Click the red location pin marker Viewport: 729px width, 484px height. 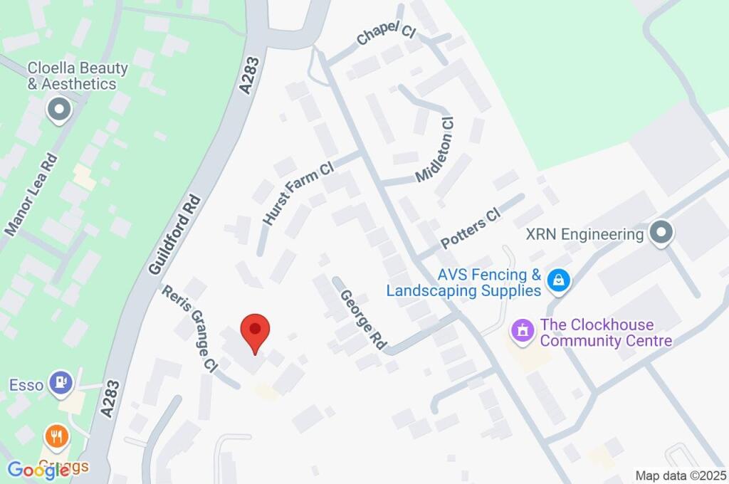tap(255, 332)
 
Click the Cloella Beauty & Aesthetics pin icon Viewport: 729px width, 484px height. tap(59, 110)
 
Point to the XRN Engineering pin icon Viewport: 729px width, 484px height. tap(662, 233)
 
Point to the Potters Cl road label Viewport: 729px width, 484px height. tap(471, 230)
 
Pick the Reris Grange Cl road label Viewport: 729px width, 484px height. tap(189, 327)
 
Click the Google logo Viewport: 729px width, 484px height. tap(38, 469)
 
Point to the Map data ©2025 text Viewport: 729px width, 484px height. tap(680, 475)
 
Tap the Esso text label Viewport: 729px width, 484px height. tap(27, 385)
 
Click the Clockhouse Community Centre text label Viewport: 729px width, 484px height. tap(606, 332)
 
